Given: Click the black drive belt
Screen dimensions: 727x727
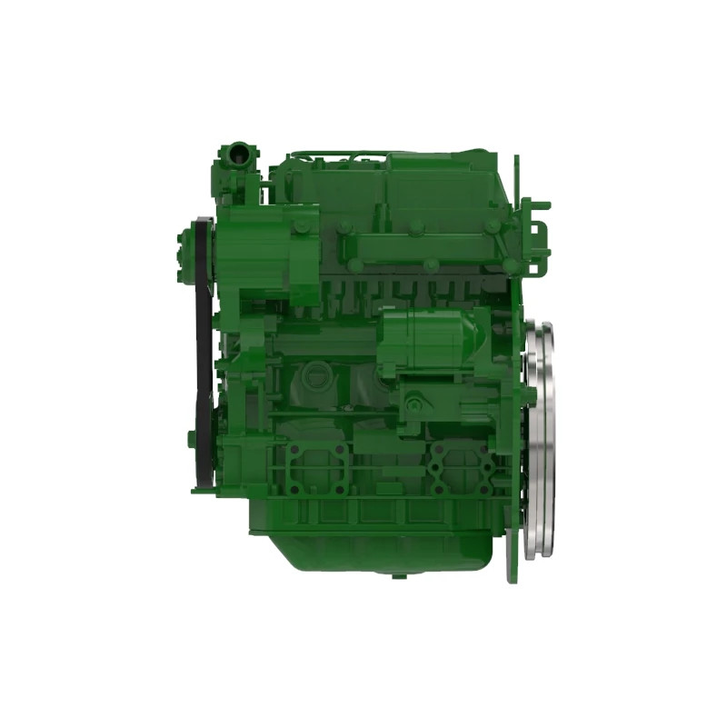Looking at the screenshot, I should (204, 363).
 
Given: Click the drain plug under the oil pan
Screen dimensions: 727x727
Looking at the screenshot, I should (397, 575).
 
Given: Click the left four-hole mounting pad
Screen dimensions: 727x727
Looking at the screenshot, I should (314, 468).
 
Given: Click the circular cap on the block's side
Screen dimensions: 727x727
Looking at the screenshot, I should (315, 373).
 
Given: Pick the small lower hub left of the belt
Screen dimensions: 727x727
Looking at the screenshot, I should (192, 439).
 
